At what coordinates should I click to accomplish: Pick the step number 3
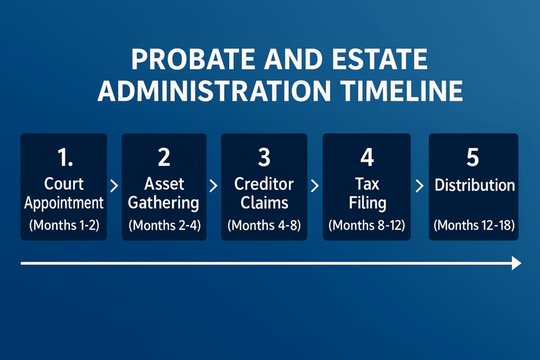point(264,157)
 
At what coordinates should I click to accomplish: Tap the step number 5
point(473,157)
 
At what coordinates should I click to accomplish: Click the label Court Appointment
point(64,193)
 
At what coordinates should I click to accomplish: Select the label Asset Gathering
point(164,193)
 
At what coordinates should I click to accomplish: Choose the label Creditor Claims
point(264,193)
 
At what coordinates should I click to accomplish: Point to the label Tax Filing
point(367,193)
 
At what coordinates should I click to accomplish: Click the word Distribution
point(474,186)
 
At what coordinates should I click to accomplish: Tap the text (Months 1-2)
point(64,225)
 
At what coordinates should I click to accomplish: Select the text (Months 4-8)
point(264,225)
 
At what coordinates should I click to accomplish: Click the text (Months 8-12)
point(367,225)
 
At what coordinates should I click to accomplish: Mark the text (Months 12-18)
point(474,225)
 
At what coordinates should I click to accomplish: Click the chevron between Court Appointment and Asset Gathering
point(114,186)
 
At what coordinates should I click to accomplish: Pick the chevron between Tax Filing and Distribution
point(420,186)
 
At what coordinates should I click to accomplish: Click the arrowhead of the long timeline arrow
point(516,263)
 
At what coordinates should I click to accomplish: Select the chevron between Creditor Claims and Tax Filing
point(315,186)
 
